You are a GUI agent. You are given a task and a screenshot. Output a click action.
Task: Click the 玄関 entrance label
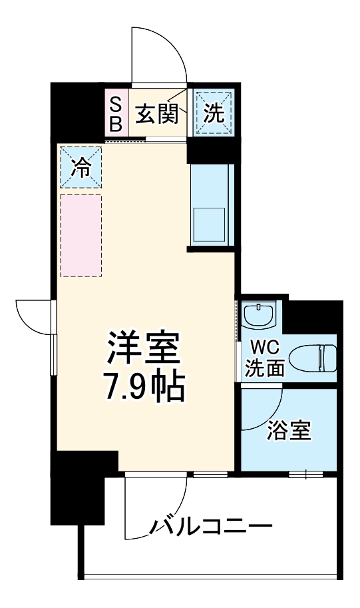[157, 115]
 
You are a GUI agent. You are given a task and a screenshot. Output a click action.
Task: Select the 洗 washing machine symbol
[213, 113]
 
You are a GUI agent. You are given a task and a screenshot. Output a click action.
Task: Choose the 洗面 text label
[264, 368]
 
